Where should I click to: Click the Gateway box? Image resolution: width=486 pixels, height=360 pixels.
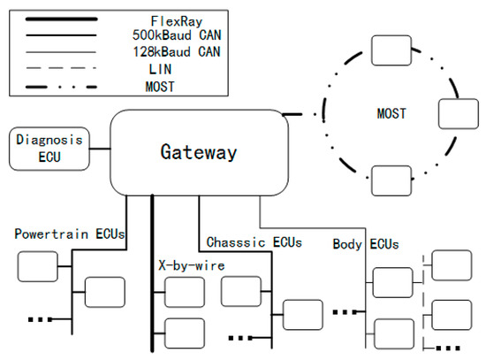tap(198, 152)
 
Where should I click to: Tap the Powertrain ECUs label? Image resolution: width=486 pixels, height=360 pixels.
tap(70, 234)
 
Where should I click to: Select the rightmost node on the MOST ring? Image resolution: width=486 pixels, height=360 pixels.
tap(458, 114)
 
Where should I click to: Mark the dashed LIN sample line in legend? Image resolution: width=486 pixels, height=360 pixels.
tap(61, 68)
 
